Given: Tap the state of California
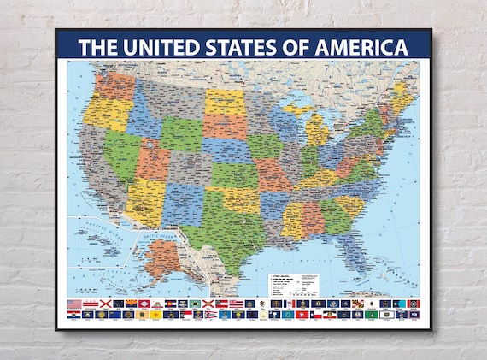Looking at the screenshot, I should point(97,162).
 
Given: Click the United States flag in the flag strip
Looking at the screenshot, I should point(74,304).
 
